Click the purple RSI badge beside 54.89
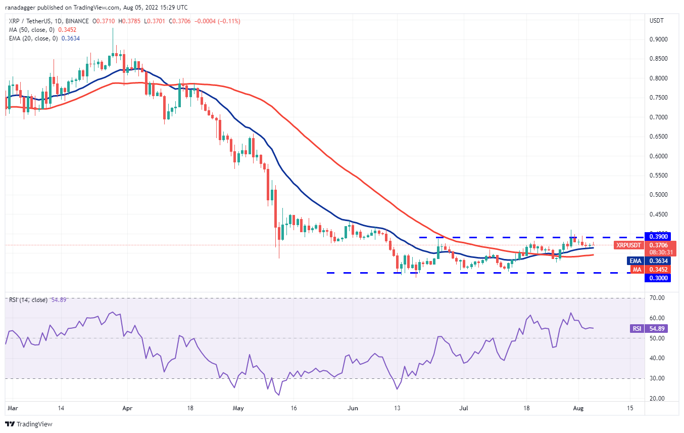(x=637, y=329)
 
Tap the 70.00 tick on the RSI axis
(x=656, y=298)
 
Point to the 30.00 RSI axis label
(x=656, y=378)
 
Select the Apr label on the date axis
(x=127, y=407)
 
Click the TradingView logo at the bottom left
(x=29, y=424)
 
